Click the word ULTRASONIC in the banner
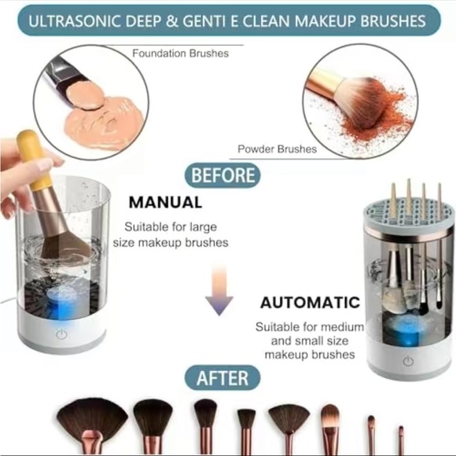[x=75, y=21]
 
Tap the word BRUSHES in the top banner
[x=393, y=21]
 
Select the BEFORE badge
[x=222, y=175]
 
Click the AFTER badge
[x=222, y=377]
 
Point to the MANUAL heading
[x=165, y=202]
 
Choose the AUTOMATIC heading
[x=310, y=303]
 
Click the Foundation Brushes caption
[x=180, y=53]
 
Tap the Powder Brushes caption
[x=278, y=149]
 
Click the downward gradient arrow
[x=219, y=291]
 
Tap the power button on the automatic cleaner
[x=408, y=362]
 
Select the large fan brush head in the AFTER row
[x=92, y=417]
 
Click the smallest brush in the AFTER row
[x=401, y=440]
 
